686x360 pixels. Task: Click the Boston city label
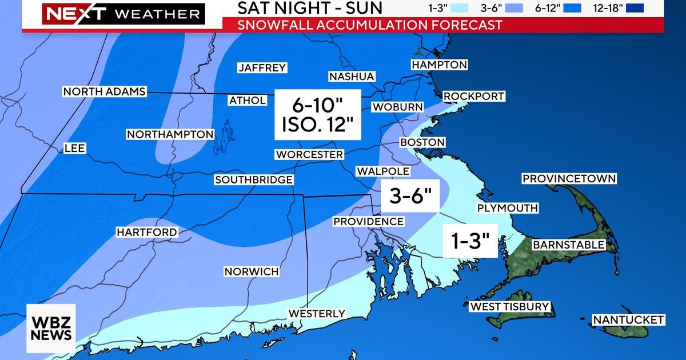422,142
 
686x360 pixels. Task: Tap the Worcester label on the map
309,154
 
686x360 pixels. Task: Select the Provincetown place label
569,179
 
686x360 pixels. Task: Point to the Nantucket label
628,319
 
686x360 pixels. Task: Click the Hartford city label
146,232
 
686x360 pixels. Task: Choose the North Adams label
105,91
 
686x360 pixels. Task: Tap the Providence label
368,221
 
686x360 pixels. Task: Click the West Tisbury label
509,307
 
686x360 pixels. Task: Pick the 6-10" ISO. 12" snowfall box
318,114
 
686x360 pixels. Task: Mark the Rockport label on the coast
474,96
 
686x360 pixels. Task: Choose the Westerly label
317,313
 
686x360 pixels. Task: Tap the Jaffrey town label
262,68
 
